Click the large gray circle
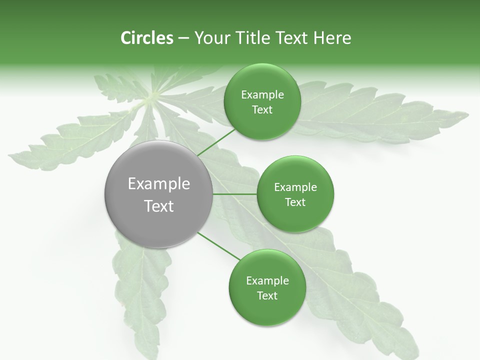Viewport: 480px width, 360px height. coord(159,194)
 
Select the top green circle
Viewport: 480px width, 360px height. coord(262,102)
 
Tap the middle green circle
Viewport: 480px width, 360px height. coord(295,194)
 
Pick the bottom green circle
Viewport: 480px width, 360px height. coord(267,288)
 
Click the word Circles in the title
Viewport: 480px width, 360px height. coord(147,38)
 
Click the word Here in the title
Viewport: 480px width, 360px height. coord(332,38)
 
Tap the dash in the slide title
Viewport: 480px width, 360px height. coord(183,38)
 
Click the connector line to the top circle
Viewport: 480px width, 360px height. coord(216,142)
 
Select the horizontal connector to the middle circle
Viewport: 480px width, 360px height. coord(234,194)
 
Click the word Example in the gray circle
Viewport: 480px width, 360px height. coord(159,184)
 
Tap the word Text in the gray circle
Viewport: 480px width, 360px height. coord(159,206)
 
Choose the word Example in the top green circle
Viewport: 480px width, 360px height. coord(262,95)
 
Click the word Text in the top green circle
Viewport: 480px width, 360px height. coord(262,110)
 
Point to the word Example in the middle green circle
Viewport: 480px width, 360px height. coord(295,187)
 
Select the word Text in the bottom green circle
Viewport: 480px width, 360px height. coord(267,295)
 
